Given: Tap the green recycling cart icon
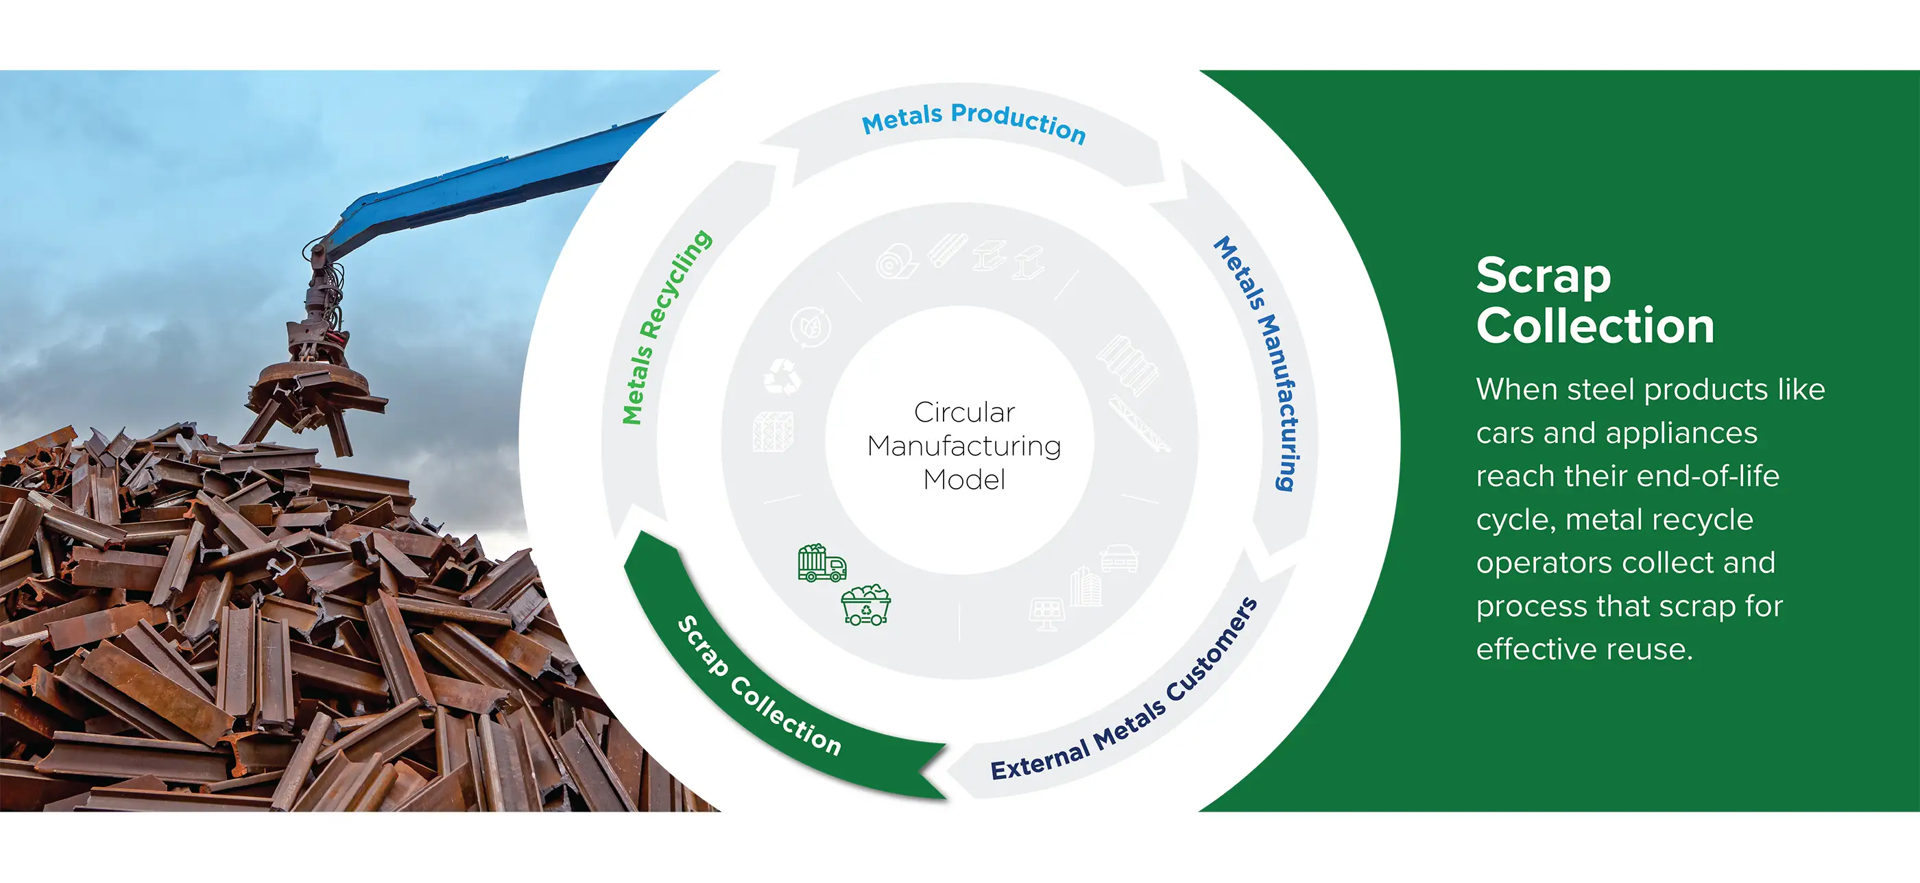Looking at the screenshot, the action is tap(866, 604).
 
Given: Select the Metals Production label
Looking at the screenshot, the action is tap(974, 121).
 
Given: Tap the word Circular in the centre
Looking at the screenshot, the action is tap(965, 412).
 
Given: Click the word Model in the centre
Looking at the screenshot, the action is tap(965, 480).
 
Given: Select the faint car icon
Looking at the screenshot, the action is tap(1120, 558).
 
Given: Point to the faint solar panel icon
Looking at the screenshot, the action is tap(1047, 614).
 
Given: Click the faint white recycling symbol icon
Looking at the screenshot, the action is tap(782, 376).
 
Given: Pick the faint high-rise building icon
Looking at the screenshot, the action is tap(1085, 585).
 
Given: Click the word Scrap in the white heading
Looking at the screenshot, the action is tap(1544, 276).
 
